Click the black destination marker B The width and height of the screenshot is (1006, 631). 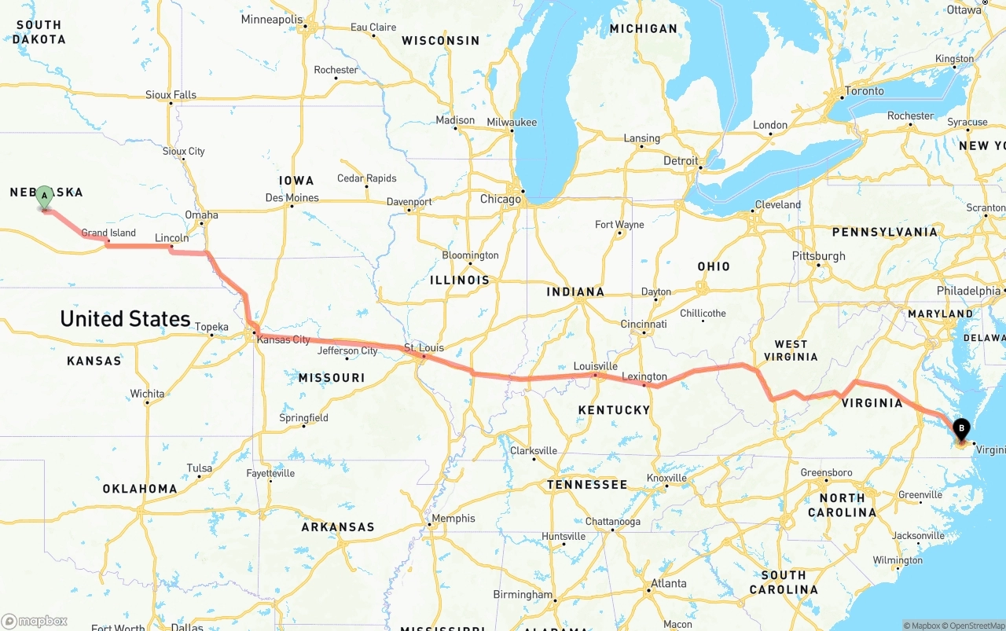coord(961,429)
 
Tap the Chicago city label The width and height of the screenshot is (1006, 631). coord(501,199)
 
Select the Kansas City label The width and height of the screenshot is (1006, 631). coord(284,339)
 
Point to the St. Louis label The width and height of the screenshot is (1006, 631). coord(424,347)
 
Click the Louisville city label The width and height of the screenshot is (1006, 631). coord(595,366)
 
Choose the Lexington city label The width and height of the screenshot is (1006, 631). coord(644,376)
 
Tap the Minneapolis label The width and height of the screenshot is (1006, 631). coord(271,19)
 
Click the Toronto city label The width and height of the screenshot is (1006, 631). coord(865,90)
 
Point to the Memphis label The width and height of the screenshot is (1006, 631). coord(453,518)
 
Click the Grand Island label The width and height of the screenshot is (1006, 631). coord(108,233)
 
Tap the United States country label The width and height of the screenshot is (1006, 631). coord(125,318)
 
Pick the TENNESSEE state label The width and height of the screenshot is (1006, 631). coord(587,485)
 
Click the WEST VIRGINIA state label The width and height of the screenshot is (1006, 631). coord(791,350)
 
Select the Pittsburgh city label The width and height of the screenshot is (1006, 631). coord(819,255)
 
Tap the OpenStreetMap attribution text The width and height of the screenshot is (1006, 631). coord(975,625)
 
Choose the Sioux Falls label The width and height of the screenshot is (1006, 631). coord(171,95)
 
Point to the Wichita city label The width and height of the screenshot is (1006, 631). coord(148,394)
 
